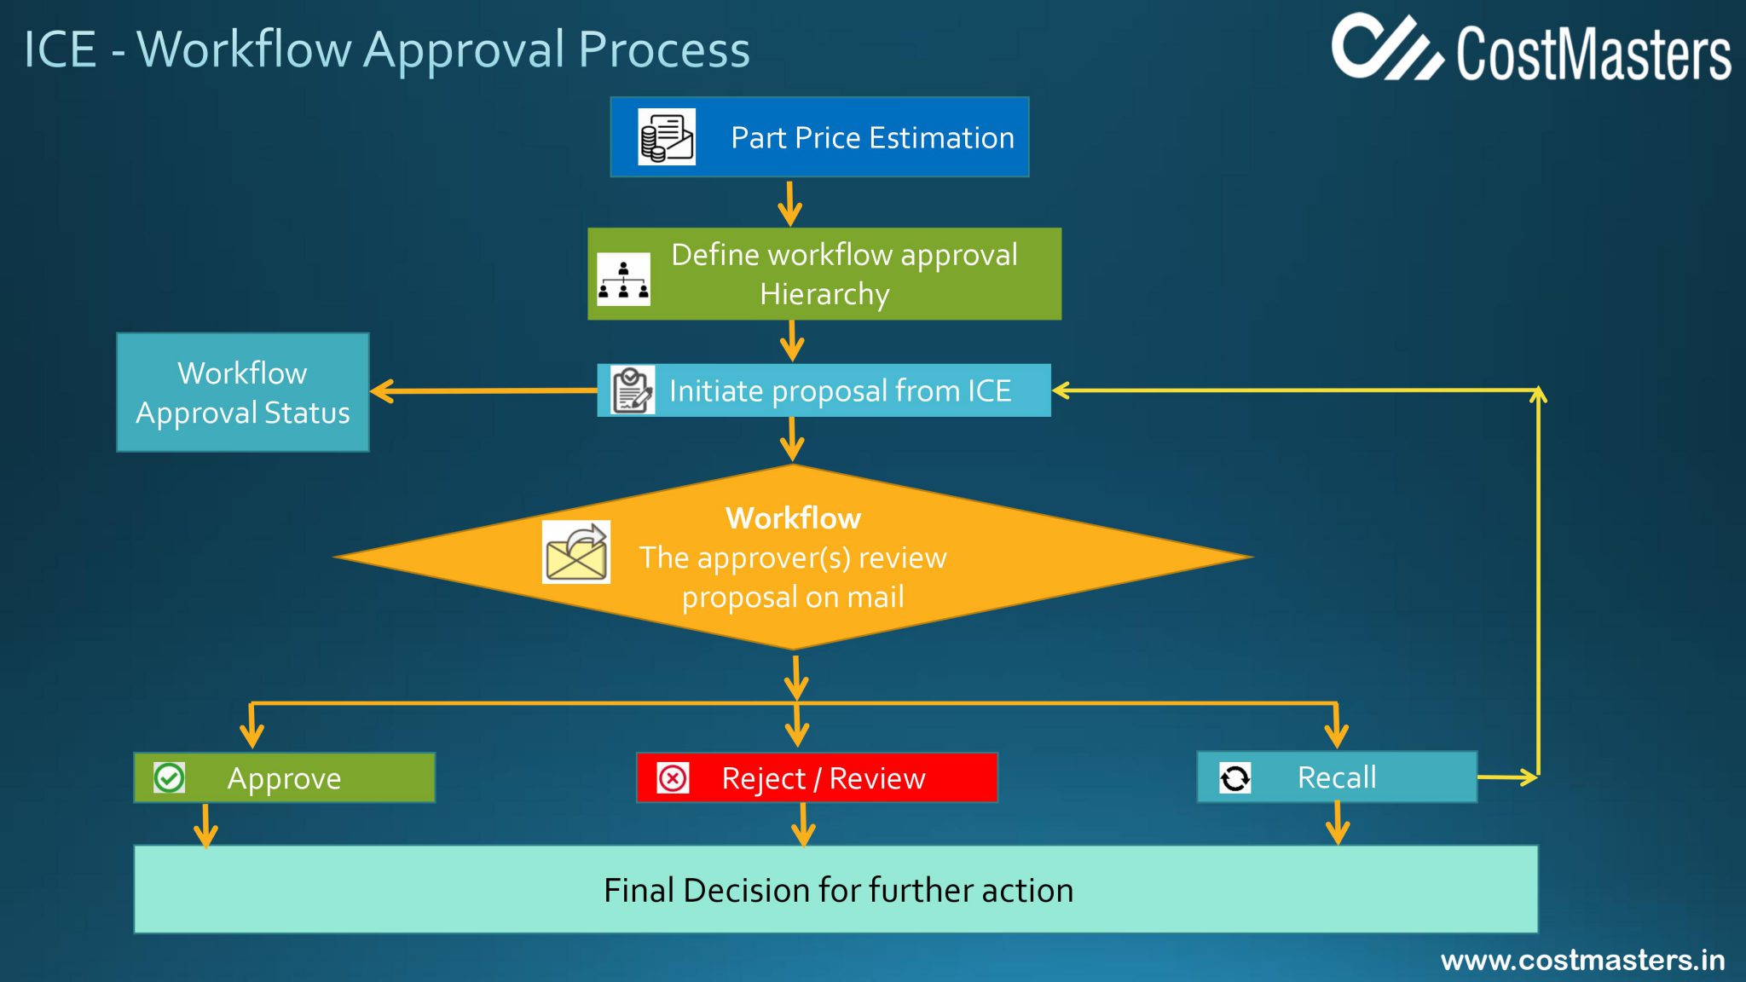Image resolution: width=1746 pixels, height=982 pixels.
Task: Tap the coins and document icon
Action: (667, 137)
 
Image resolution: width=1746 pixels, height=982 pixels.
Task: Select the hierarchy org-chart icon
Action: (623, 279)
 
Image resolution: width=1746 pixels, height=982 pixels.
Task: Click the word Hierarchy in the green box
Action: (824, 294)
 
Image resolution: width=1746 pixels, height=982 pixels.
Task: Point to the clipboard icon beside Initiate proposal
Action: (633, 390)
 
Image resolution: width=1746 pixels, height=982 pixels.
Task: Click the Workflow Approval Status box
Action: (243, 392)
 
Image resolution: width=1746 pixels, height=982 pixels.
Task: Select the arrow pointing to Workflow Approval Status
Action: (384, 391)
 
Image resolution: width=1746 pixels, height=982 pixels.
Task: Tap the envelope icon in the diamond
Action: (576, 552)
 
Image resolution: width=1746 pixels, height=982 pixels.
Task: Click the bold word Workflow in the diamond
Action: (793, 518)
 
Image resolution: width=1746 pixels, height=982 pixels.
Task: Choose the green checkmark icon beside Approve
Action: (169, 777)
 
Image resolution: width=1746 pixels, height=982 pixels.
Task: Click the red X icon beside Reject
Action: (673, 777)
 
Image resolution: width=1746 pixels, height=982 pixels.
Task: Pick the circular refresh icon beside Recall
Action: (1234, 777)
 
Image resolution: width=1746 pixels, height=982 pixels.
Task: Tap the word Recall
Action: (1336, 777)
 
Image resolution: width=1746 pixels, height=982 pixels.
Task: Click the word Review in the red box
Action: (876, 778)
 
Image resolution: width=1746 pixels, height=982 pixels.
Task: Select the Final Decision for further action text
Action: (838, 890)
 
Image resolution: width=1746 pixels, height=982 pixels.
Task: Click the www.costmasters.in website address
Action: (1582, 961)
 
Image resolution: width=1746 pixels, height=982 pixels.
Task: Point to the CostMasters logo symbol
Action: (1386, 48)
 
